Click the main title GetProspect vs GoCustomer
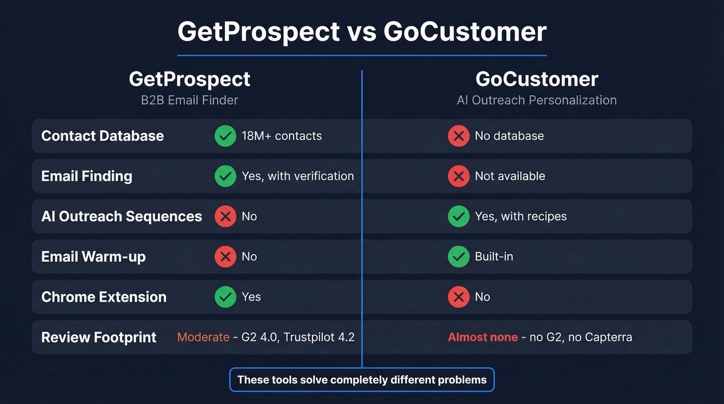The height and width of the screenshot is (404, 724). pyautogui.click(x=361, y=32)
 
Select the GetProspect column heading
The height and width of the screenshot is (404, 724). pyautogui.click(x=189, y=79)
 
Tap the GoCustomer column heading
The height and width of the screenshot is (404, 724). pyautogui.click(x=536, y=79)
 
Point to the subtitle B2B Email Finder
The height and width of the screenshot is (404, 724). pyautogui.click(x=189, y=100)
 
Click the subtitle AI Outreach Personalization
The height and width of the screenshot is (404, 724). pyautogui.click(x=536, y=100)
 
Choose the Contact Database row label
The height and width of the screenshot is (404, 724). pyautogui.click(x=102, y=136)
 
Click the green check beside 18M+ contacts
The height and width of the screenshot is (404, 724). pyautogui.click(x=225, y=136)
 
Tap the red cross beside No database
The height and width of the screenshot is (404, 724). pyautogui.click(x=458, y=136)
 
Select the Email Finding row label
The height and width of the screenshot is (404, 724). pyautogui.click(x=86, y=176)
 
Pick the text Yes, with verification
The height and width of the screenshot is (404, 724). pyautogui.click(x=297, y=176)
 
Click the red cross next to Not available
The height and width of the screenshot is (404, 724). pyautogui.click(x=458, y=176)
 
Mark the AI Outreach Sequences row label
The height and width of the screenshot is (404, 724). pyautogui.click(x=122, y=216)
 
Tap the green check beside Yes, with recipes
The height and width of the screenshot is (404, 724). pyautogui.click(x=458, y=216)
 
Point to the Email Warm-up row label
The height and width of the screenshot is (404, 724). pyautogui.click(x=93, y=257)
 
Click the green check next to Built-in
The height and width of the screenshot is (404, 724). pyautogui.click(x=458, y=257)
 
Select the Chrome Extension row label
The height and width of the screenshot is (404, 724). pyautogui.click(x=103, y=297)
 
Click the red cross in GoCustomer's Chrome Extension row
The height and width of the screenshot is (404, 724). pyautogui.click(x=458, y=297)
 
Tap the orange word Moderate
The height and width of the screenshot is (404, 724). pyautogui.click(x=203, y=337)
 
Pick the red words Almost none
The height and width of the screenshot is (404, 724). pyautogui.click(x=482, y=337)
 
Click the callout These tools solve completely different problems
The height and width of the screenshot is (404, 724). pyautogui.click(x=361, y=380)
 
